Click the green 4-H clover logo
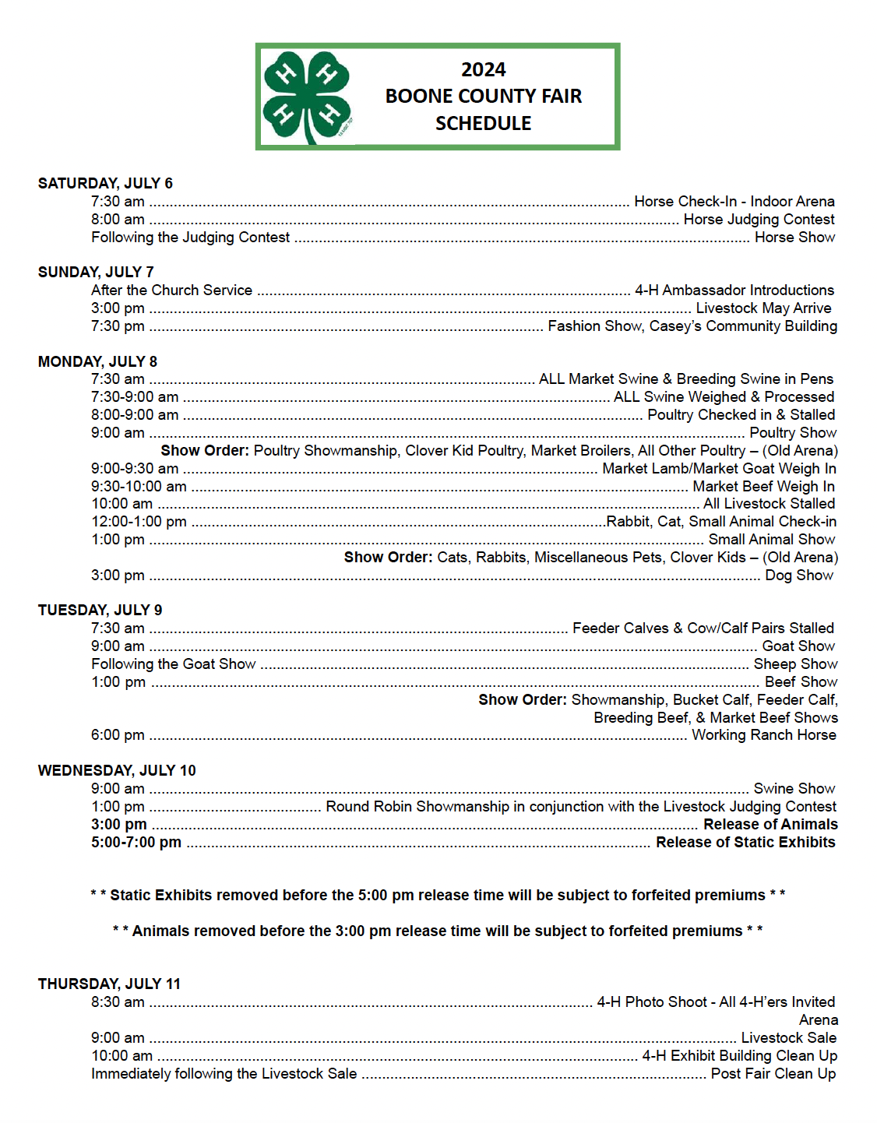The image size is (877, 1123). tap(306, 97)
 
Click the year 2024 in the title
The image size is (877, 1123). tap(483, 70)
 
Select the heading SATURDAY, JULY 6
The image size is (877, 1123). tap(105, 184)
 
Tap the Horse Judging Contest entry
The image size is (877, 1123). tap(759, 220)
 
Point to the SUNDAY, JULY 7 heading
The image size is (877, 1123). tap(96, 273)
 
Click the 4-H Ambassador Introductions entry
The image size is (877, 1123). tap(734, 290)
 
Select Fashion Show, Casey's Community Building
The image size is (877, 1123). tap(692, 326)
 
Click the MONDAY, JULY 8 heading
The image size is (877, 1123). tap(97, 362)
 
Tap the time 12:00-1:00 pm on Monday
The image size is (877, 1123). tap(139, 522)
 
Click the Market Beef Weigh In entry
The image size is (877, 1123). tap(763, 487)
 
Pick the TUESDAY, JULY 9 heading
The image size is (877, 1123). tap(100, 611)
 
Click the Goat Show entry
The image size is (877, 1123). tap(798, 646)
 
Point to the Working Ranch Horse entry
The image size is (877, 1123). tap(763, 735)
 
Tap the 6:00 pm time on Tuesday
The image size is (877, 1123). tap(118, 735)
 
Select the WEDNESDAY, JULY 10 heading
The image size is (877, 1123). tap(117, 771)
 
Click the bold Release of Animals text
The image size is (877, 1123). tap(770, 825)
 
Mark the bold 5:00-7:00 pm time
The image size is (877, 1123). tap(136, 843)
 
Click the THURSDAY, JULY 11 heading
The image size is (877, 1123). tap(109, 984)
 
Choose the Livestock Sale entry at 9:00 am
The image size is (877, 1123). tap(788, 1038)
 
